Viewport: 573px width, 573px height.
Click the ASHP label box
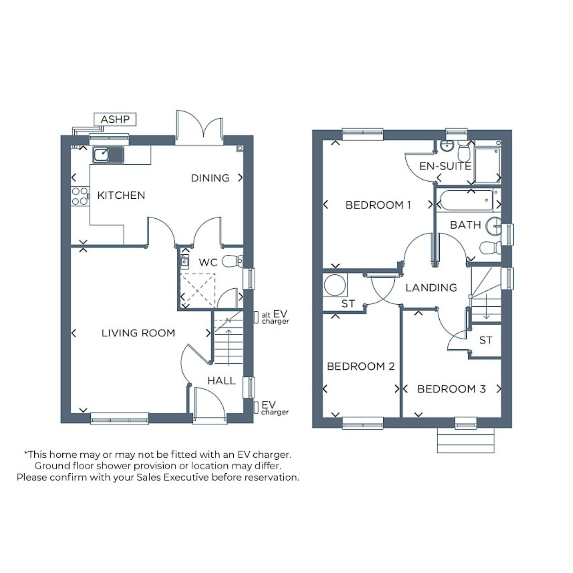pos(115,119)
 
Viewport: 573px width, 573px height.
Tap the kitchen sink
pos(108,155)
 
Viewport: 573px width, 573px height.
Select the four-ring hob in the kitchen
pos(80,196)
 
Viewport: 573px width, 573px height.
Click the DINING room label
pos(210,178)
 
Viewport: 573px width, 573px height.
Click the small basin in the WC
pos(185,262)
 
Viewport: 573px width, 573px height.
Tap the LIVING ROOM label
pos(138,333)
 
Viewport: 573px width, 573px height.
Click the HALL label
pos(222,380)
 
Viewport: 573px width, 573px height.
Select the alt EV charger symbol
pos(256,317)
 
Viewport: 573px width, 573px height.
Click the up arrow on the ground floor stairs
pos(229,345)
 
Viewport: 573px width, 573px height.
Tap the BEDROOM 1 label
pos(378,205)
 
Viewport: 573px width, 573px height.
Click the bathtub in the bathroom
pos(466,200)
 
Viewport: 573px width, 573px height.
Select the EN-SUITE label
pos(445,166)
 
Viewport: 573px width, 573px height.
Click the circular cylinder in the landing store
pos(335,285)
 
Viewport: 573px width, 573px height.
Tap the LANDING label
pos(431,288)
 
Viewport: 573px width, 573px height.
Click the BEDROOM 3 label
pos(451,389)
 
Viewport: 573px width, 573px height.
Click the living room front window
pos(120,419)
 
